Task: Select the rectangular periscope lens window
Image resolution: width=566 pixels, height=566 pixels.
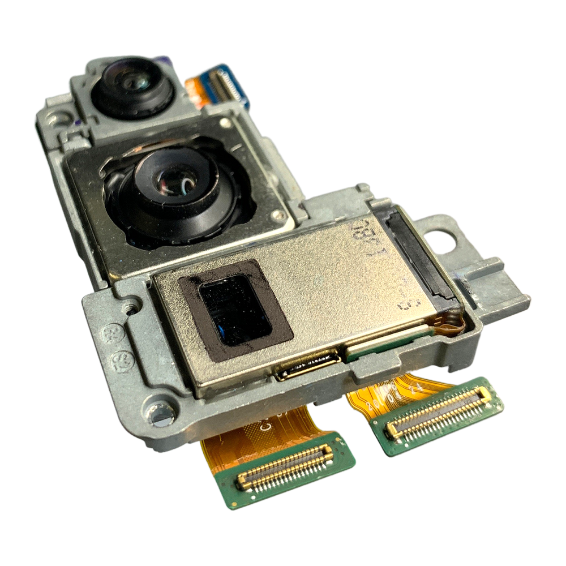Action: click(x=237, y=310)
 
